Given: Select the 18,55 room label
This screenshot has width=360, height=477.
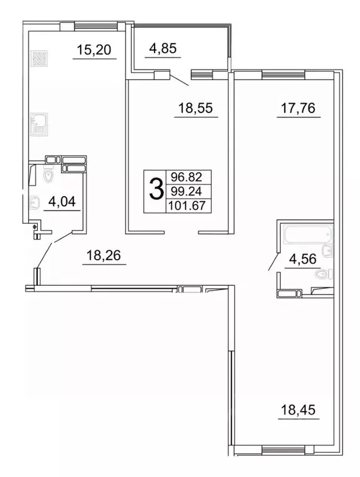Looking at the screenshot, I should coord(196,108).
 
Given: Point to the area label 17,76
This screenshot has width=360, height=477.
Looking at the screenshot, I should coord(296,108).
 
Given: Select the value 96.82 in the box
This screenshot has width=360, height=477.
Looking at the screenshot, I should coord(189,178).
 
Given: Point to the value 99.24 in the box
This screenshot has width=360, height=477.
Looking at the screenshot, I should coord(189,192).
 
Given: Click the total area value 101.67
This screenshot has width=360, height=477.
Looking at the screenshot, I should coord(189,206).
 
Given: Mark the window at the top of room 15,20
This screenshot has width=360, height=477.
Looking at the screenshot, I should coord(88,26).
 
